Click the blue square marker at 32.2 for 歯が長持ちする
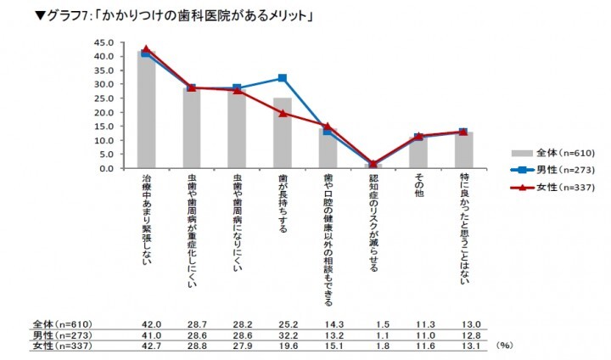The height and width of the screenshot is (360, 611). (283, 78)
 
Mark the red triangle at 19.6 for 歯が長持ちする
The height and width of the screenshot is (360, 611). (283, 113)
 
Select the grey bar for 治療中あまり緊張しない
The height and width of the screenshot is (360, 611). (147, 110)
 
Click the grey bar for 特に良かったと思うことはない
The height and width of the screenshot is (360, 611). (463, 150)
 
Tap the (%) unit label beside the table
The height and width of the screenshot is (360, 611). (502, 346)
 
